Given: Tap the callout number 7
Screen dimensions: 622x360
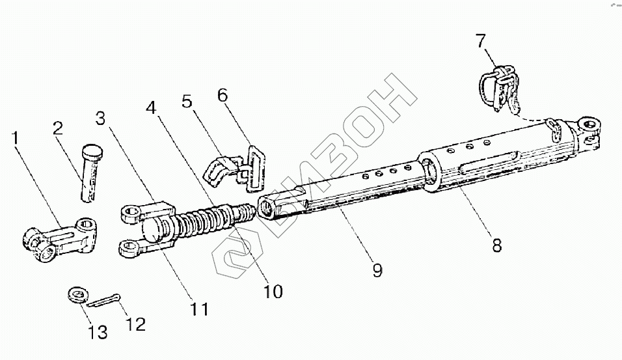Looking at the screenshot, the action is pyautogui.click(x=480, y=41).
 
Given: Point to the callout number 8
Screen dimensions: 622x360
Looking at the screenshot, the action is pyautogui.click(x=496, y=245).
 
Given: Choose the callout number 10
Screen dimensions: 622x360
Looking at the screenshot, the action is pyautogui.click(x=273, y=292).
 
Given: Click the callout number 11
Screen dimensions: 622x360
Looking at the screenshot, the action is pyautogui.click(x=200, y=308).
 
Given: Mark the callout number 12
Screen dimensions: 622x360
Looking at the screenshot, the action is pyautogui.click(x=136, y=323).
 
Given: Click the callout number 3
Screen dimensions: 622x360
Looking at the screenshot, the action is pyautogui.click(x=100, y=119).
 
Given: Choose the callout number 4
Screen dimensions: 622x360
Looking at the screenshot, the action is pyautogui.click(x=151, y=107).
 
